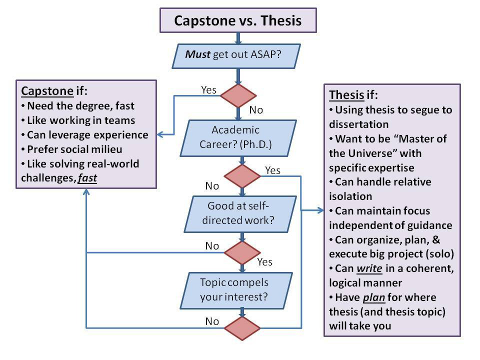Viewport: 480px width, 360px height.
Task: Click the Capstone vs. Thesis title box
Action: click(237, 21)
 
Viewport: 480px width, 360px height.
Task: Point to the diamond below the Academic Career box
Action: click(242, 175)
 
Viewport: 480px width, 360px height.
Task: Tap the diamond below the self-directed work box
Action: click(242, 252)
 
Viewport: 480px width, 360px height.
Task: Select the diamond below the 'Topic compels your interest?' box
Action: click(242, 328)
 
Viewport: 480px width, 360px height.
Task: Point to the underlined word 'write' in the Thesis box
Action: click(369, 269)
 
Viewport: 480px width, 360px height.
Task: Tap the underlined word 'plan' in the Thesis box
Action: click(373, 297)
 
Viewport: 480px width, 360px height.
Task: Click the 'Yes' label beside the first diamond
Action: click(208, 89)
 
